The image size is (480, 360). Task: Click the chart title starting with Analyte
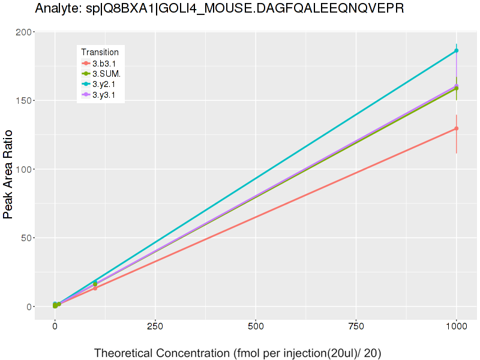[220, 9]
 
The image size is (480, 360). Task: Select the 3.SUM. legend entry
[106, 74]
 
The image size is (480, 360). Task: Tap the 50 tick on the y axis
[25, 238]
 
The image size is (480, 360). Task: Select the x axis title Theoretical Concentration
[238, 353]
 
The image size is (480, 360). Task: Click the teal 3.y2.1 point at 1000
[457, 51]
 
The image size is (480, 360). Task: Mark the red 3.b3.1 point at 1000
[457, 128]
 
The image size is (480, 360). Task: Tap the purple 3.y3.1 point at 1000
[457, 86]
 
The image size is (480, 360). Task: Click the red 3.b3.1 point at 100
[95, 289]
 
